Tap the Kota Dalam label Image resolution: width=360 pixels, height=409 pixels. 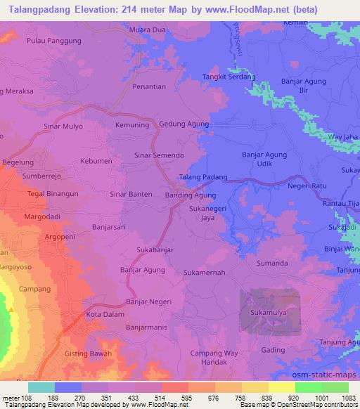105,315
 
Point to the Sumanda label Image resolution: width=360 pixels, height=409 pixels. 273,263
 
